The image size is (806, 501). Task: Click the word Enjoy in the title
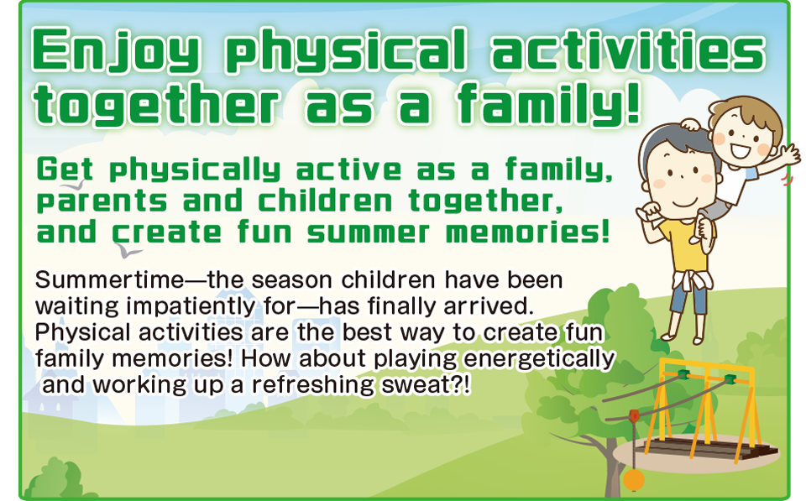coord(116,50)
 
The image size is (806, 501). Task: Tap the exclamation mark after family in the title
coord(633,102)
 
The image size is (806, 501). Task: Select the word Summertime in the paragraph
coord(109,280)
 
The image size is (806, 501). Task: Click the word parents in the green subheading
coord(102,201)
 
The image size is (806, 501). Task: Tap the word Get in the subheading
coord(65,169)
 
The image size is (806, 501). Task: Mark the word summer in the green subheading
coord(368,233)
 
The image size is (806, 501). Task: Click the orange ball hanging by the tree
coord(634,479)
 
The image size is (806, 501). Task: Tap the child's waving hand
coord(788,154)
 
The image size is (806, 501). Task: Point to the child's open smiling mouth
coord(741,150)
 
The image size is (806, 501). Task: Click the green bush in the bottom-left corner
coord(54,481)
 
